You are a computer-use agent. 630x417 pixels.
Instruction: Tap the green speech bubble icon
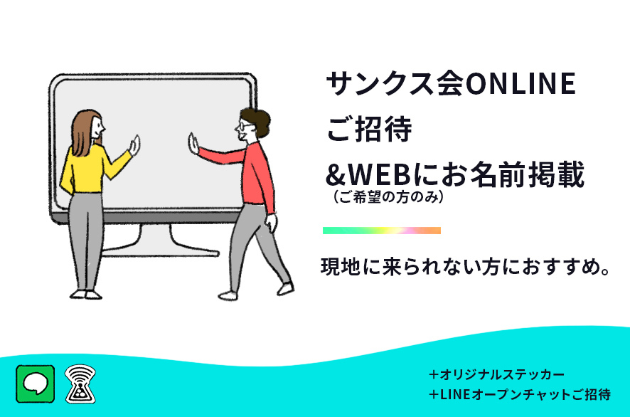tap(36, 384)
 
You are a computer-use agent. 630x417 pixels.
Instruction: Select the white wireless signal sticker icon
tap(80, 384)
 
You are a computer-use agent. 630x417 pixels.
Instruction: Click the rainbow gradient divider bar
tap(382, 231)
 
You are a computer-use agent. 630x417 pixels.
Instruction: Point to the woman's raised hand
tap(134, 146)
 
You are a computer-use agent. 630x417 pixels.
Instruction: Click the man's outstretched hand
tap(193, 144)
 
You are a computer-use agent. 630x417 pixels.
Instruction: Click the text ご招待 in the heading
tap(369, 129)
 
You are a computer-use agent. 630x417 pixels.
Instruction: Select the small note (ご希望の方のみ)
tap(388, 197)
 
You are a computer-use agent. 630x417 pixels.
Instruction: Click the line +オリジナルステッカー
tap(496, 375)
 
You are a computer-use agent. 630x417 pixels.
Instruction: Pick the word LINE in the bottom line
tap(455, 394)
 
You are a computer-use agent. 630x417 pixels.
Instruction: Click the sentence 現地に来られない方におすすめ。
tap(466, 267)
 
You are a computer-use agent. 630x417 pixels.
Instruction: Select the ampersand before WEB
tap(336, 175)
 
